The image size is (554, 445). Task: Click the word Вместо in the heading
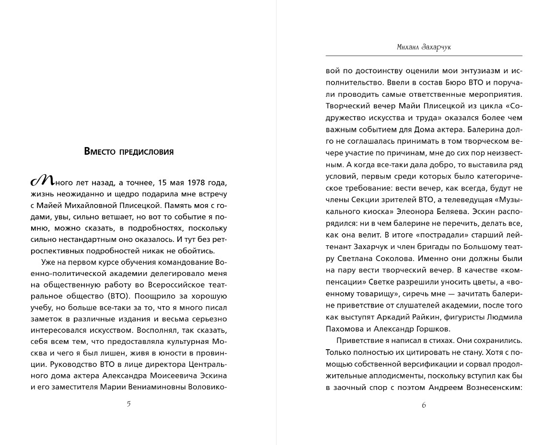click(x=100, y=152)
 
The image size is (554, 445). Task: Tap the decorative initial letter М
click(x=42, y=181)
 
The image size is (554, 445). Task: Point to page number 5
click(x=128, y=404)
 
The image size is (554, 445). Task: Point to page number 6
click(x=424, y=405)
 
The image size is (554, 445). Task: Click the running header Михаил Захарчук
click(x=424, y=47)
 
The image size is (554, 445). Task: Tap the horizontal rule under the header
click(x=424, y=56)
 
